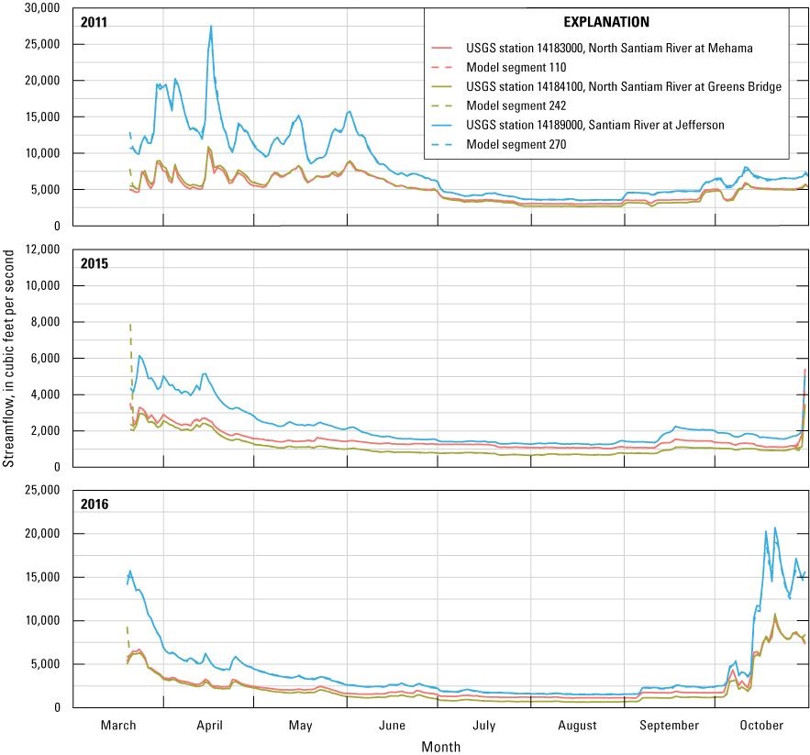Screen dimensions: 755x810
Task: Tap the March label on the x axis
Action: tap(118, 725)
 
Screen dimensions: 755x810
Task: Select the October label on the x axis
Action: tap(761, 725)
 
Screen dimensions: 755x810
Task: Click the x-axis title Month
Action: tap(440, 746)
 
